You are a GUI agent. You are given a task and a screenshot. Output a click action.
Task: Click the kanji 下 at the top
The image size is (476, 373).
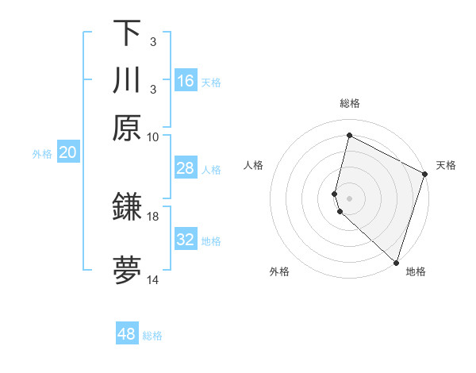click(127, 33)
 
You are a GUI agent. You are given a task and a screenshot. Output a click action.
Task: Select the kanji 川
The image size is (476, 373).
click(127, 81)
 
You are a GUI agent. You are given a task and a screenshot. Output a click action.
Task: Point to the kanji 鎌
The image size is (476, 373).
click(127, 208)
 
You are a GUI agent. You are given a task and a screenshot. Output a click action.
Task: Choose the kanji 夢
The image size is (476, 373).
click(127, 271)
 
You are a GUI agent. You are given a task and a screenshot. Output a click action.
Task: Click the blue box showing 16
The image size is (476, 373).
click(186, 81)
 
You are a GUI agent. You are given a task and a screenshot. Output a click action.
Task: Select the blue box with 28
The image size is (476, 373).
click(186, 168)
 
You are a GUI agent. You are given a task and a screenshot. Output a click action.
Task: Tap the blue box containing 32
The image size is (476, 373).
click(186, 240)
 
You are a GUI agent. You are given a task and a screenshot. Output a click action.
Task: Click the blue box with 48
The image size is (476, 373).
click(127, 334)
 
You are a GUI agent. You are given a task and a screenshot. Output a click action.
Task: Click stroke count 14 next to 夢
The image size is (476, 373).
click(153, 280)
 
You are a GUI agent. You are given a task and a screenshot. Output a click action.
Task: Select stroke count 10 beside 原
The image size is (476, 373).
click(153, 137)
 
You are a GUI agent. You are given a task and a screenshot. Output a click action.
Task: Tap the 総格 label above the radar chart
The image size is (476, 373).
click(349, 103)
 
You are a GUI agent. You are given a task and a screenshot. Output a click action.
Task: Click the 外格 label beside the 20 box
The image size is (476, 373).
click(41, 154)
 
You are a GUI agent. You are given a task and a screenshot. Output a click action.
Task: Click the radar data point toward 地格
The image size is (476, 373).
click(396, 263)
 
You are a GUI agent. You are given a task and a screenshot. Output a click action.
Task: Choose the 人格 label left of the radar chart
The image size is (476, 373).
click(254, 165)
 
